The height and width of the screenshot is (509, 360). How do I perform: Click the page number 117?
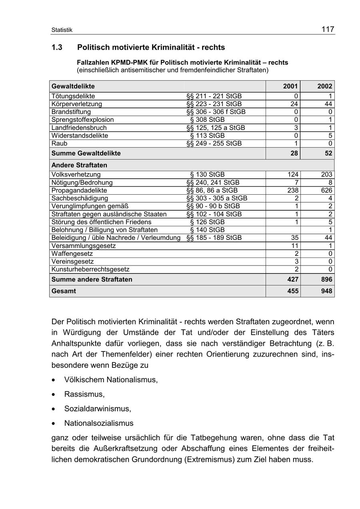pos(328,29)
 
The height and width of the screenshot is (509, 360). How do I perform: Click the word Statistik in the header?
pos(62,30)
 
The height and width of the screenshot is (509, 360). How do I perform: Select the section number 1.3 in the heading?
pos(57,48)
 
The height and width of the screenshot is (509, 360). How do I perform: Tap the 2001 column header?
pos(290,86)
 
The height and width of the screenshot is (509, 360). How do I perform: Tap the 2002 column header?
pos(325,86)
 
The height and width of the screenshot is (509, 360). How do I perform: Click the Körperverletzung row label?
pos(77,104)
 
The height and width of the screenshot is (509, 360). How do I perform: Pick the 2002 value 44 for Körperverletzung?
pos(328,104)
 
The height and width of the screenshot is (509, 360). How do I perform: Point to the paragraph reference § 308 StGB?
pos(207,120)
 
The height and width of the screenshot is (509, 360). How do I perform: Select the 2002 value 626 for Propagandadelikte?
pos(326,190)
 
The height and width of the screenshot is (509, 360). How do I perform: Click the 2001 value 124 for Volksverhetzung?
pos(293,175)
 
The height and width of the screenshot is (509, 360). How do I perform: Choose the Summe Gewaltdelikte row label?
pos(86,154)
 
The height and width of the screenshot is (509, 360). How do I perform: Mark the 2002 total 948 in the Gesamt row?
pos(326,291)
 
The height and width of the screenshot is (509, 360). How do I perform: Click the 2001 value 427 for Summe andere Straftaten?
pos(293,279)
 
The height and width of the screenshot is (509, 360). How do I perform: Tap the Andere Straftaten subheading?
pos(79,165)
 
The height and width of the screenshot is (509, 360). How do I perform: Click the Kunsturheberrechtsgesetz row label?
pos(90,270)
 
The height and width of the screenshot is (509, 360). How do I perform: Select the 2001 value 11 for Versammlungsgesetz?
pos(295,246)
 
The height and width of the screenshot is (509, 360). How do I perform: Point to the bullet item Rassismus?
pos(84,394)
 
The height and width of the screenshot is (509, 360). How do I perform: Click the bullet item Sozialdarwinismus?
pos(98,409)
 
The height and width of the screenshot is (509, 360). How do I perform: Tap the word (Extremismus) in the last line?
pos(209,459)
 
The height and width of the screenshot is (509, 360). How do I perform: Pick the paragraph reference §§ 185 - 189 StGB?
pos(214,238)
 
